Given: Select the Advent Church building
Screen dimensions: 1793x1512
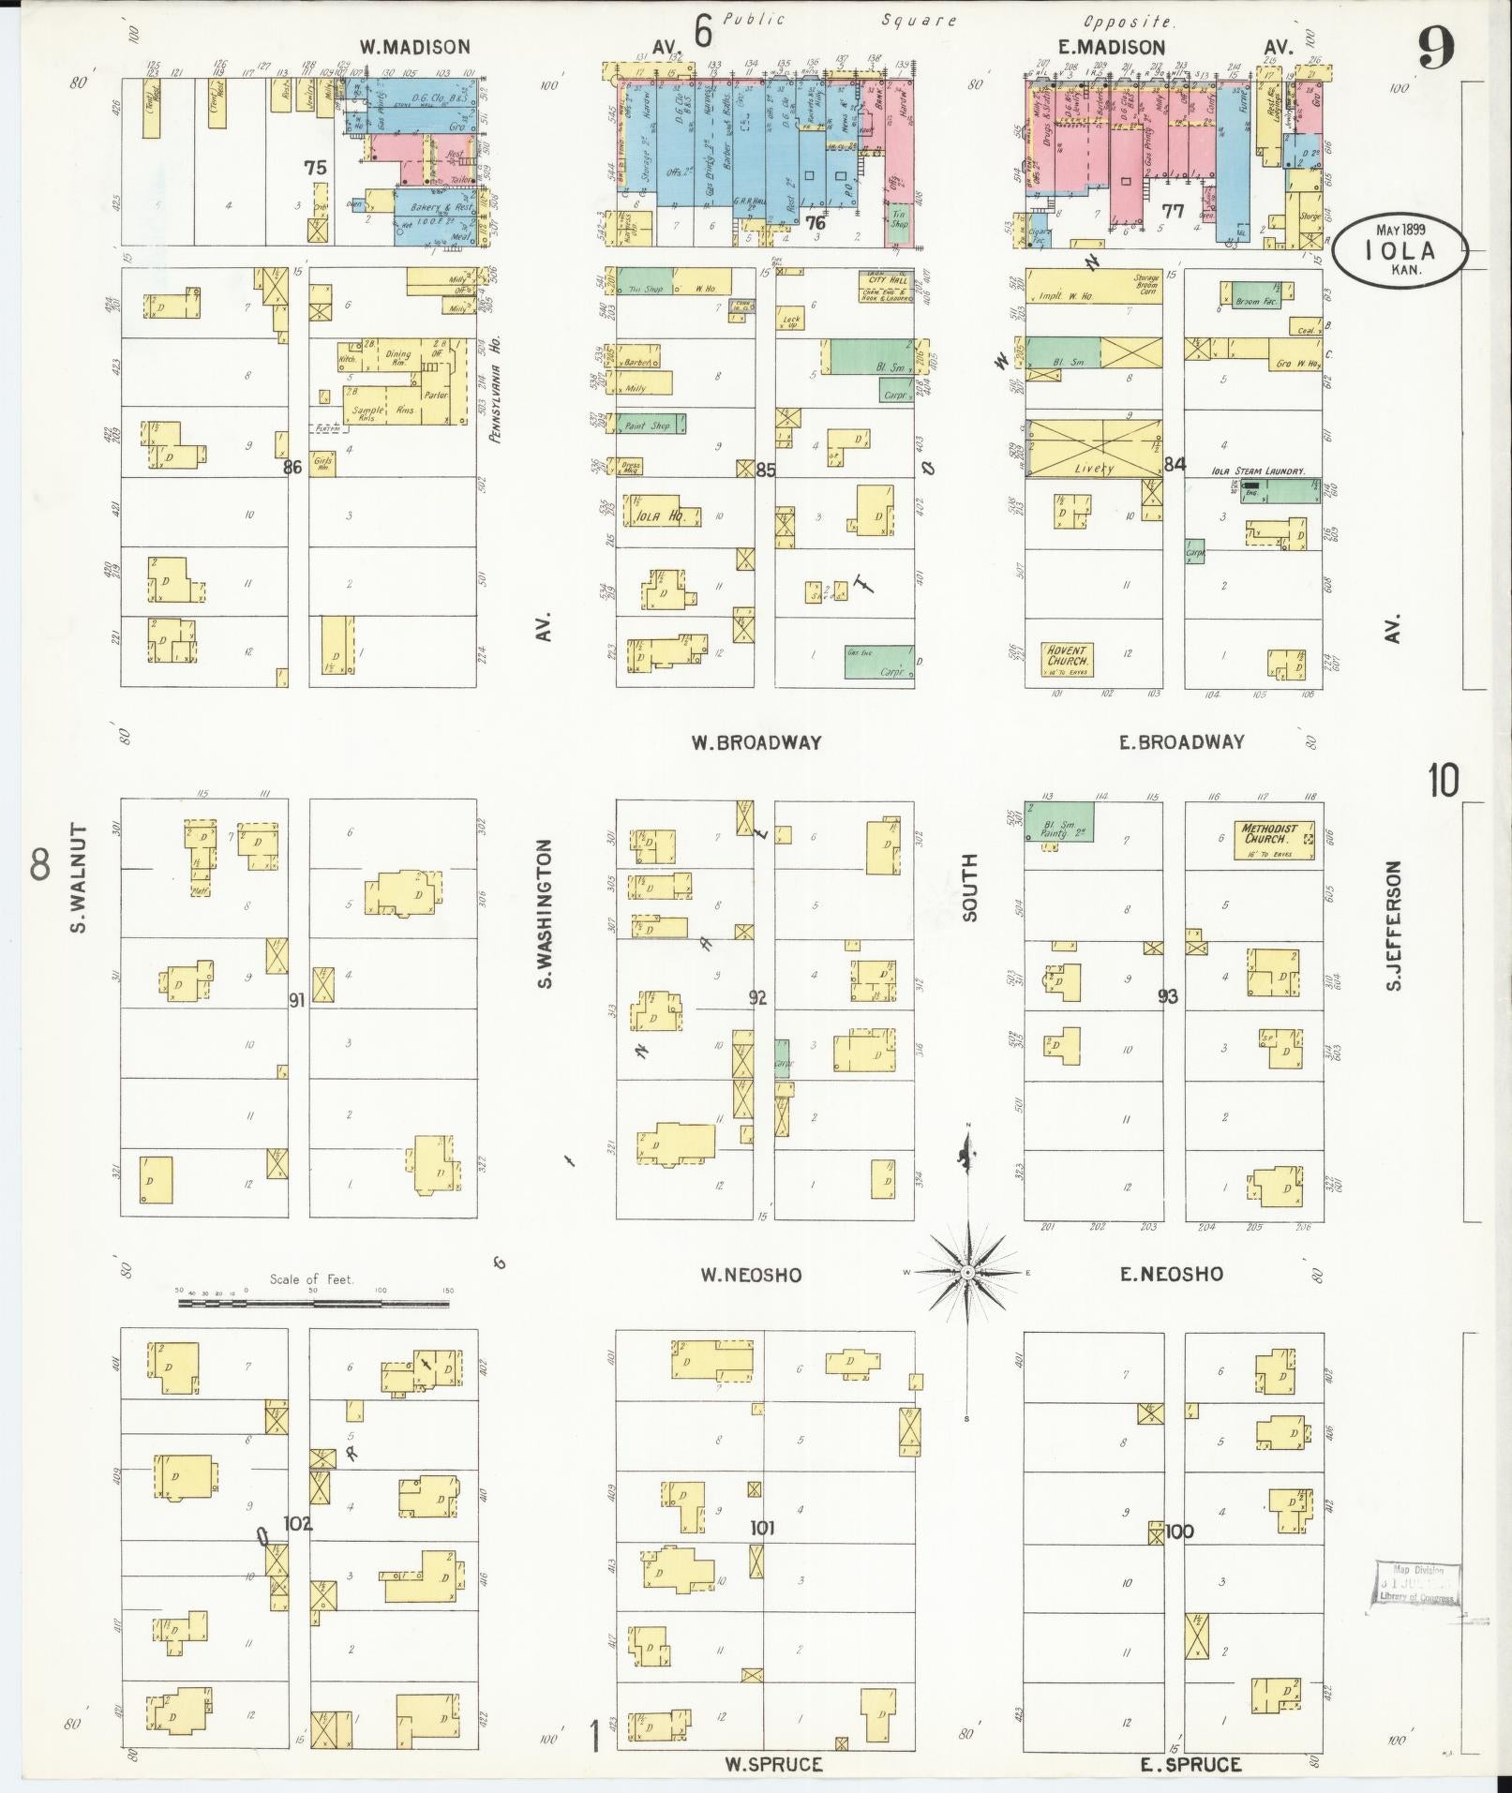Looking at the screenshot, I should click(1067, 661).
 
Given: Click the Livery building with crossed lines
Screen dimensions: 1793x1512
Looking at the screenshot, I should click(1093, 448).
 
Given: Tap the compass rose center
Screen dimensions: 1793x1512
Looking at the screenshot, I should click(966, 1272).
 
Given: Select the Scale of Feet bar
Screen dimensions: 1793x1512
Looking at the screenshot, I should click(315, 1304).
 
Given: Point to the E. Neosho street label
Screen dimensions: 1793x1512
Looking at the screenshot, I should click(1171, 1273).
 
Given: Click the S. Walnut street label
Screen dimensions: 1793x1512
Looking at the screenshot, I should click(78, 878).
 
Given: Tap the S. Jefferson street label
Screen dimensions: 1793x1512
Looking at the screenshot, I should click(1394, 926).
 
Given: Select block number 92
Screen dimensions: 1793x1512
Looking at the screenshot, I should click(757, 998).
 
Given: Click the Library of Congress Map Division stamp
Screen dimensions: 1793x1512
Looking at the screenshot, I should click(1416, 1586).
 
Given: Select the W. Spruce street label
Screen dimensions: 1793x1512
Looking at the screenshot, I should click(773, 1765).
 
